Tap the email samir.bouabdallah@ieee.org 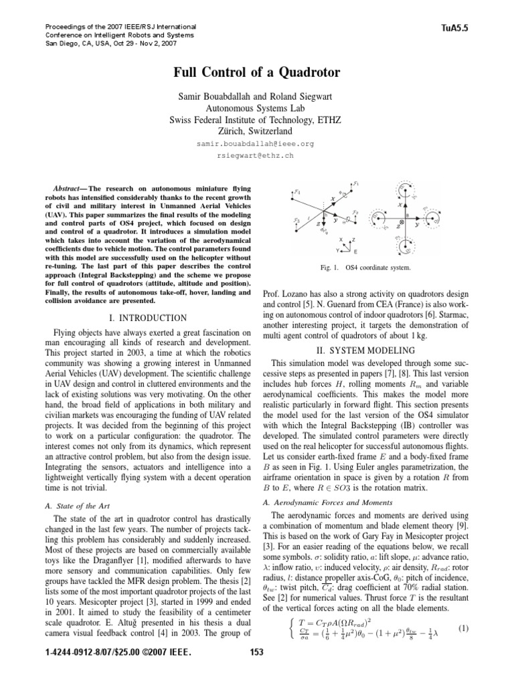tap(256, 144)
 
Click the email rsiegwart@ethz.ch tap(256, 156)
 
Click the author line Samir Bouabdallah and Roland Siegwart tap(256, 94)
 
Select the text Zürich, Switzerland tap(256, 130)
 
